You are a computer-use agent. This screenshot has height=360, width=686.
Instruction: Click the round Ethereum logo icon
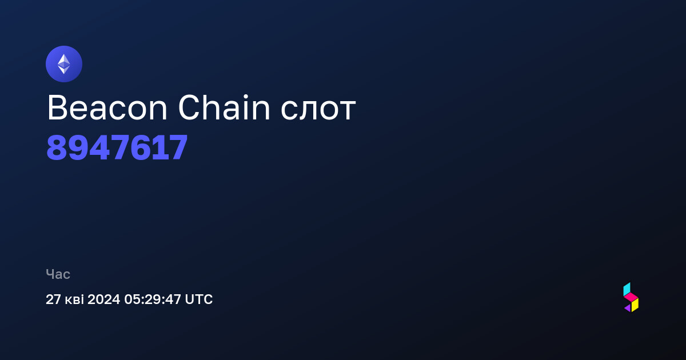[64, 64]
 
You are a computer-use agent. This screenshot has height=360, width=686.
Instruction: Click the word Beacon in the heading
[107, 108]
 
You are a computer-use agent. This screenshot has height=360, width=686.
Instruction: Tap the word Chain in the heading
[224, 107]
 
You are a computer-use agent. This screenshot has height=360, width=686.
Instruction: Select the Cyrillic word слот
[318, 110]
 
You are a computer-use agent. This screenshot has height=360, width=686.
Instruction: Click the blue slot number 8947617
[117, 147]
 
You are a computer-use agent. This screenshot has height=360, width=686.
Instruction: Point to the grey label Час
[58, 274]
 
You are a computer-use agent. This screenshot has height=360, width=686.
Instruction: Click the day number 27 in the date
[53, 299]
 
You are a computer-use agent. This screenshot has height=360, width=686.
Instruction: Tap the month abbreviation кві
[74, 299]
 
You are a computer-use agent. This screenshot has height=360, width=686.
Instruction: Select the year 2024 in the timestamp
[103, 299]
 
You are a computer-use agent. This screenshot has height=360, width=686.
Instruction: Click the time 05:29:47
[153, 299]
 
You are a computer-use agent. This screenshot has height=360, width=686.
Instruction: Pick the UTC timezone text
[199, 299]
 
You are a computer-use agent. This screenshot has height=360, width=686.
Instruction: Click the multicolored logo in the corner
[631, 297]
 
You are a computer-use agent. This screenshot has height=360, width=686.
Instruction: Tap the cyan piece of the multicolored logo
[627, 289]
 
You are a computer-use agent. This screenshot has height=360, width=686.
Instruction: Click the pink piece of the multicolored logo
[631, 297]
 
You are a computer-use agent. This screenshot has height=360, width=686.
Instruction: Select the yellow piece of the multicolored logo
[635, 305]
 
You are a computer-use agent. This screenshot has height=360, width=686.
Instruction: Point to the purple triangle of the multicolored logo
[628, 308]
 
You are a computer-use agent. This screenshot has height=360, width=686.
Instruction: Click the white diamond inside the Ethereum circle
[64, 64]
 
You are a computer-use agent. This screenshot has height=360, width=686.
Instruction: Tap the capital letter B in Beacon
[57, 108]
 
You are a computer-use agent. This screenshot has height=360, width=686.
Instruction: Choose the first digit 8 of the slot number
[57, 147]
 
